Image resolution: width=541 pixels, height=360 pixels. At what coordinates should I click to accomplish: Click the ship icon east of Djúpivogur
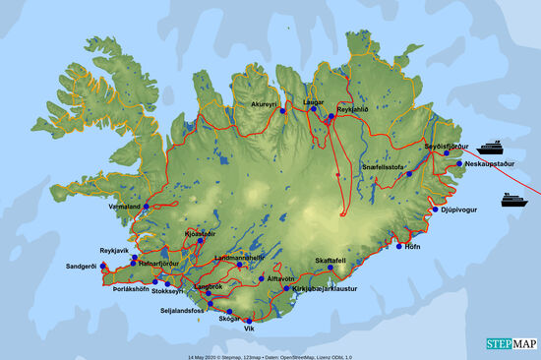(x=512, y=200)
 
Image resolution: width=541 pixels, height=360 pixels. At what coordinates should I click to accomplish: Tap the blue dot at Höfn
(x=399, y=245)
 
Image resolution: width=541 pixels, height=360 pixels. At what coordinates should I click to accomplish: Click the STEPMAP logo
(x=511, y=344)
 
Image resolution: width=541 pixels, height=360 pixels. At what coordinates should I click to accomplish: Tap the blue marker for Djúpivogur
(x=435, y=210)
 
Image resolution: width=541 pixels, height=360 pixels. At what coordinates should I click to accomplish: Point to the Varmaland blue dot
(x=147, y=207)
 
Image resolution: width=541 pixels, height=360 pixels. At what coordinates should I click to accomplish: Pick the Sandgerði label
(x=82, y=267)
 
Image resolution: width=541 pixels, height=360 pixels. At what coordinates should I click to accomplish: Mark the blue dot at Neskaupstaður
(x=459, y=163)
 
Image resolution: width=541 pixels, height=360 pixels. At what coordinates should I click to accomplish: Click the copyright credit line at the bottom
(x=267, y=355)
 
